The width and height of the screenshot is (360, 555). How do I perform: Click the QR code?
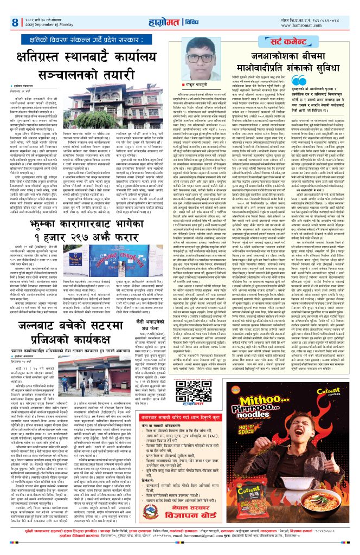[x=200, y=377]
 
